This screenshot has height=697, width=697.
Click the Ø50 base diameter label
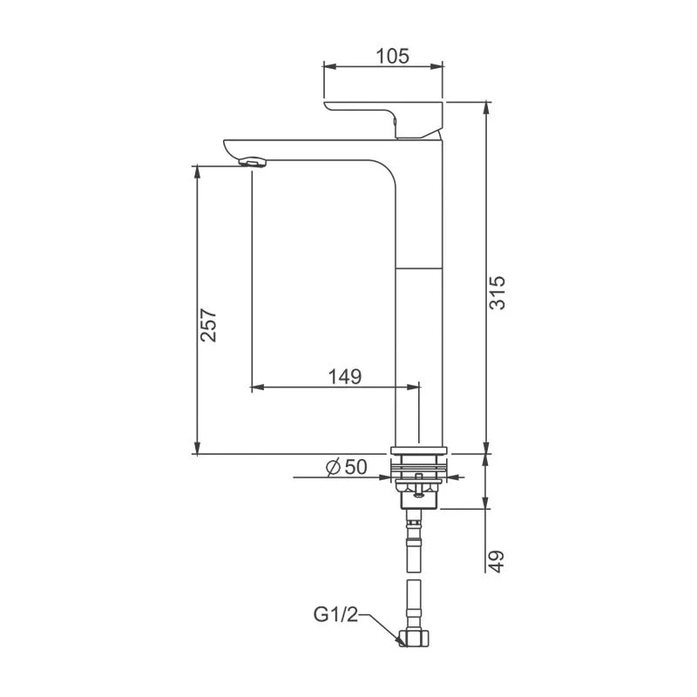pos(346,468)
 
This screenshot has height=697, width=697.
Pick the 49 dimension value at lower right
pos(496,560)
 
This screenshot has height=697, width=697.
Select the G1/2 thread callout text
pos(336,615)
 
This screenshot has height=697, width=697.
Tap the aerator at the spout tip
pos(251,161)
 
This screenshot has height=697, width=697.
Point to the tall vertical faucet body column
pos(421,348)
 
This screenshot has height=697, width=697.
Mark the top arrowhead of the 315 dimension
pos(486,106)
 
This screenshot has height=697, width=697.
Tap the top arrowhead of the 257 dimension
pos(199,169)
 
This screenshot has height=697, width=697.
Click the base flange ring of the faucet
pos(420,450)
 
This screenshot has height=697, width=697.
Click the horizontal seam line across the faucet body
pos(421,267)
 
